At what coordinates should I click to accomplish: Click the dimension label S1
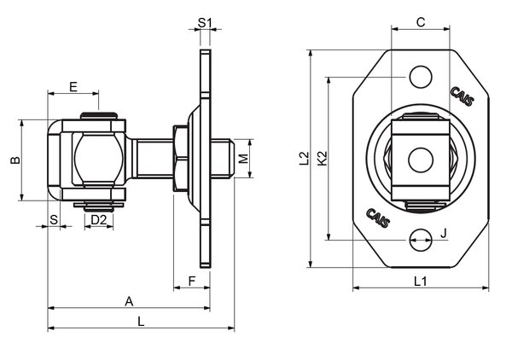click(204, 21)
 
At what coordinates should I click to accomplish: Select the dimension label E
click(73, 86)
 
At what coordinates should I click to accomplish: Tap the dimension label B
click(13, 160)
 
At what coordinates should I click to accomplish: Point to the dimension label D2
click(99, 220)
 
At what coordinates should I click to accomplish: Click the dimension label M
click(244, 159)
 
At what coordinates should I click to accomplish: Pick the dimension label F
click(192, 279)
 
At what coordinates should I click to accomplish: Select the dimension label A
click(129, 300)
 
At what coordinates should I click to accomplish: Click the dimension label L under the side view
click(140, 321)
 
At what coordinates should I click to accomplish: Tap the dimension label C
click(420, 22)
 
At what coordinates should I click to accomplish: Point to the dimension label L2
click(303, 158)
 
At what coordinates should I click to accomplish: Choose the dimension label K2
click(321, 158)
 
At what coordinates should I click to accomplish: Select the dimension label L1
click(420, 280)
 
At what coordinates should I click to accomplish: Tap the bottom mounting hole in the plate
click(419, 241)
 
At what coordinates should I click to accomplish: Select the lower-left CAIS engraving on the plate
click(378, 218)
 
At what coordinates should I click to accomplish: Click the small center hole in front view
click(419, 160)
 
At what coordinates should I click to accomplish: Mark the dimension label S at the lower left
click(54, 220)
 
